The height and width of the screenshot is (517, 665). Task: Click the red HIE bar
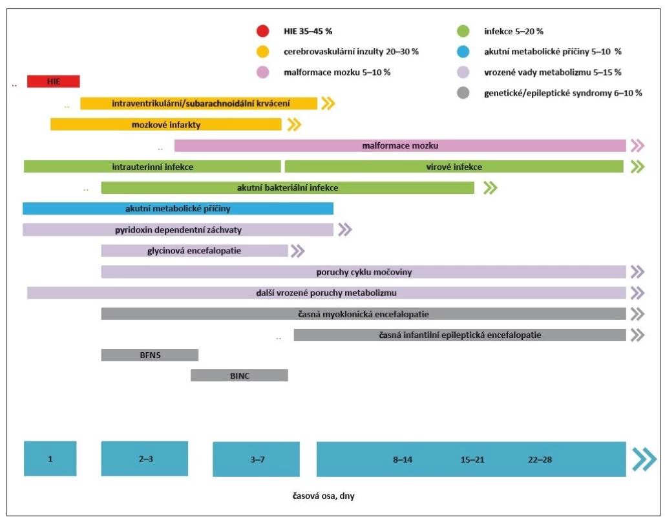point(54,81)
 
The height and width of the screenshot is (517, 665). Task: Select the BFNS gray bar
point(150,355)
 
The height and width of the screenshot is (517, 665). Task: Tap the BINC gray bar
point(239,375)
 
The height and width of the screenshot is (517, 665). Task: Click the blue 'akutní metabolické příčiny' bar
point(178,209)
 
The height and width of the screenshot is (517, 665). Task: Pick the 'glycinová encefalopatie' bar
point(195,251)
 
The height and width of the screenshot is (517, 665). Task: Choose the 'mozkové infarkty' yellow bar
point(166,125)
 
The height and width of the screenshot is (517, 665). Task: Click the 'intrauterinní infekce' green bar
point(153,167)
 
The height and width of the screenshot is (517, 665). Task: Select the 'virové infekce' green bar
point(454,167)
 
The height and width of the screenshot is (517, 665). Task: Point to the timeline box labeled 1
point(50,458)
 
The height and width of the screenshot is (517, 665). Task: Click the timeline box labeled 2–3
point(145,458)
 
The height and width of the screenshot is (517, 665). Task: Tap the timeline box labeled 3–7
point(256,459)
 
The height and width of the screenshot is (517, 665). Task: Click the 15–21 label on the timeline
point(472,459)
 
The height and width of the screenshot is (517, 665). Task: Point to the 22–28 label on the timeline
point(540,459)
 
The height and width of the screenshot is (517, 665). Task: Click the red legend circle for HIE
point(263,31)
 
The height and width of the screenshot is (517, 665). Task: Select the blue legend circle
point(463,52)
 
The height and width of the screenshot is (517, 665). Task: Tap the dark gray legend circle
point(463,93)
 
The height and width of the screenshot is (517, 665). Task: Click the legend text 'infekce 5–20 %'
point(514,32)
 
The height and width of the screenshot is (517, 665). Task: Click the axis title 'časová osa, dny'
point(324,496)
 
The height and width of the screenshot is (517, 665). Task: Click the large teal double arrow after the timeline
point(644,459)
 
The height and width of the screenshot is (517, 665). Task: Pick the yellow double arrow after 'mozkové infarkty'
point(294,125)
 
